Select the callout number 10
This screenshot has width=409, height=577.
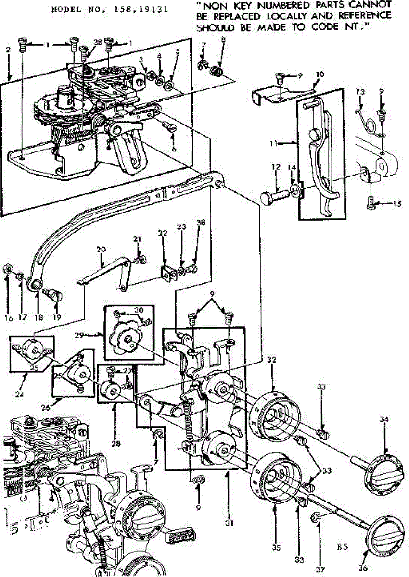pos(320,75)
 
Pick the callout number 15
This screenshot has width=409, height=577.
pos(396,203)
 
